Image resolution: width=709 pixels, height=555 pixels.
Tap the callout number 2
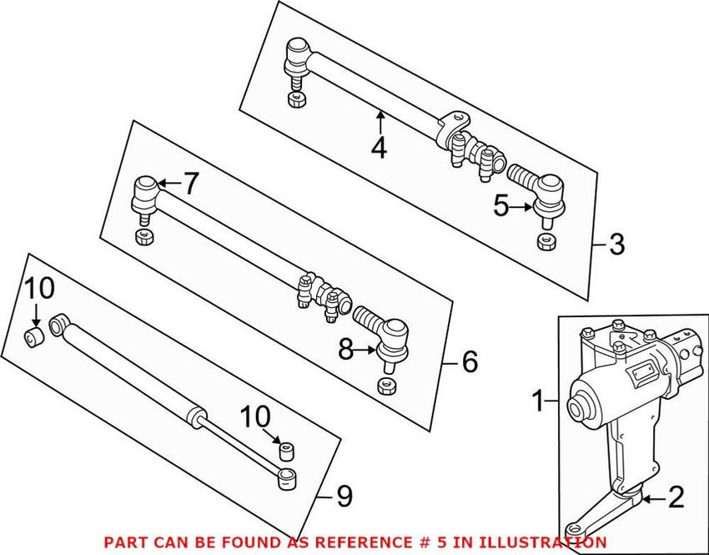[x=676, y=498]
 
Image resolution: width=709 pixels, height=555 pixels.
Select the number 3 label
[x=616, y=245]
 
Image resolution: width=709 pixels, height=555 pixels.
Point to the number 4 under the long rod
[x=380, y=148]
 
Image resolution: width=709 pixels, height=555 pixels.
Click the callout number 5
[x=500, y=205]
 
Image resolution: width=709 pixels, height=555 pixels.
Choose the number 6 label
[x=470, y=361]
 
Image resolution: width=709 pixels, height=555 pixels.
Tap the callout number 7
[x=191, y=184]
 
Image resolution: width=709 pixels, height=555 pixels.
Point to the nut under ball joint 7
[x=143, y=237]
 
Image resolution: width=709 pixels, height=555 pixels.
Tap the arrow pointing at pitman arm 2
[x=651, y=500]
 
